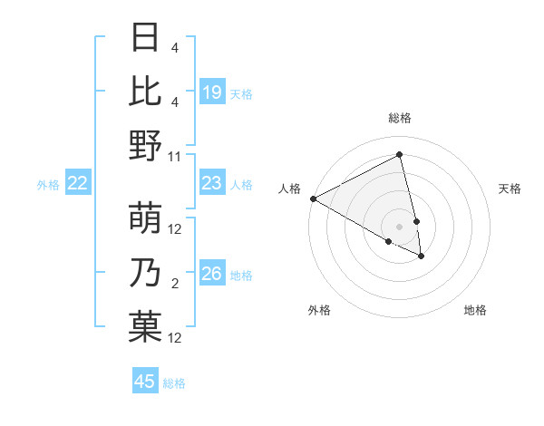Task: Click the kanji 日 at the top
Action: coord(145,39)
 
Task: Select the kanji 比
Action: coord(145,92)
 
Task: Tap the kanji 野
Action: coord(145,145)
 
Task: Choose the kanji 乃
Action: coord(145,273)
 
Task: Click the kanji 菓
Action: coord(145,326)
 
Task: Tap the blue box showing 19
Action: coord(212,92)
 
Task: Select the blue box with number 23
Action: coord(212,184)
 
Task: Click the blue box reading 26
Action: coord(212,274)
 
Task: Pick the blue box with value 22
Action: coord(78,184)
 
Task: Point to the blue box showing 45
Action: coord(145,382)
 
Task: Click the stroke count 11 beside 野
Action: coord(175,156)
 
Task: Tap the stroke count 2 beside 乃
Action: coord(175,284)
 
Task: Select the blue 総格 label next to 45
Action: coord(175,383)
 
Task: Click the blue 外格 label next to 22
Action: coord(48,185)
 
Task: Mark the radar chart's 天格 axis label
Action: coord(510,189)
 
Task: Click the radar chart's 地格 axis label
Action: coord(475,310)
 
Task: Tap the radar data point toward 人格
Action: coord(313,198)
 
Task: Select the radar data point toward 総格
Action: coord(400,155)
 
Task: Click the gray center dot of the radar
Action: coord(400,226)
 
